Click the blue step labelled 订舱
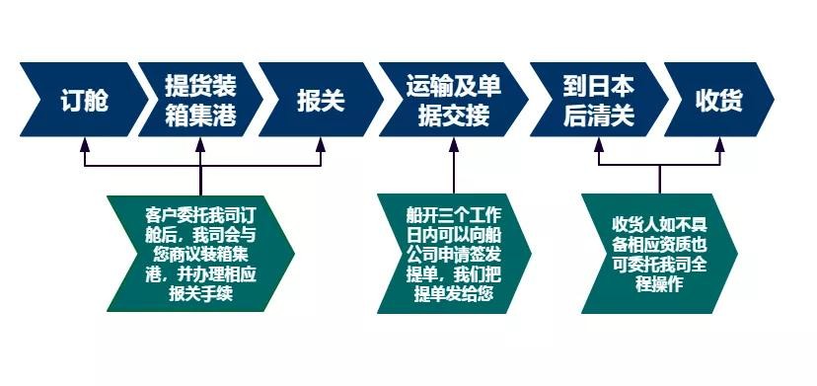pos(84,101)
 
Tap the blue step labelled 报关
pos(322,101)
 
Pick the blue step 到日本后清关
pos(598,101)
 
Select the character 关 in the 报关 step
pos(334,101)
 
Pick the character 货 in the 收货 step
pos(731,101)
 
